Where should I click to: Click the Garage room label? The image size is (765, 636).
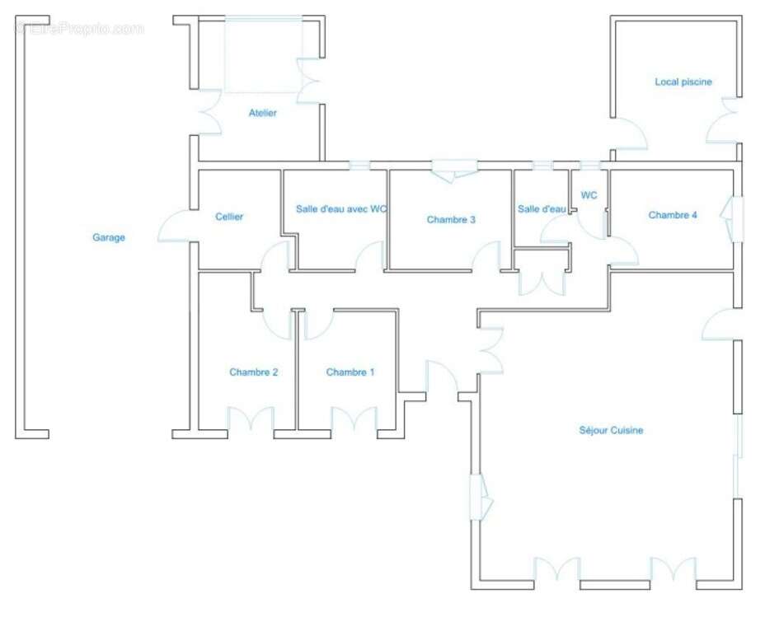pos(109,237)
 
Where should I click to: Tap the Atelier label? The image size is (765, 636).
pos(262,113)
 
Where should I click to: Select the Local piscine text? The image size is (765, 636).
pos(683,82)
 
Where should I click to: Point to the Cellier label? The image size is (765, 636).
pos(229,217)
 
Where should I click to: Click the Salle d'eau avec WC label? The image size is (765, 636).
pos(341,208)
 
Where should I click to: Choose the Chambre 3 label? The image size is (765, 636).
pos(451,219)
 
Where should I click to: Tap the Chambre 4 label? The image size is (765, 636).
pos(673,214)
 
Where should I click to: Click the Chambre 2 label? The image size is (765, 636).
pos(253,372)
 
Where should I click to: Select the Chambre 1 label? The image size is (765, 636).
pos(350,372)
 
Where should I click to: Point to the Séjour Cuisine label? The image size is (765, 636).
pos(611,430)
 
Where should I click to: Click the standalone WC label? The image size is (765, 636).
pos(589,195)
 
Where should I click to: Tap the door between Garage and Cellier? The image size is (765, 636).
pos(174,226)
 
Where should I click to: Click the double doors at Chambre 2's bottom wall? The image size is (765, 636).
pos(251,419)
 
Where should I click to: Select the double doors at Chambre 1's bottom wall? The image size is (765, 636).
pos(354,419)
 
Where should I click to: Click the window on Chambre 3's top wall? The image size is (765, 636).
pos(454,171)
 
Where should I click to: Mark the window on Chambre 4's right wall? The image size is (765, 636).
pos(733,219)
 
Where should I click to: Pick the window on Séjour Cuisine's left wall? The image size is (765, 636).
pos(481,497)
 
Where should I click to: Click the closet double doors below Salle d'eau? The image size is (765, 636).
pos(542,283)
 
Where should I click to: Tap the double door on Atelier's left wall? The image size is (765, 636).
pos(209,112)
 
